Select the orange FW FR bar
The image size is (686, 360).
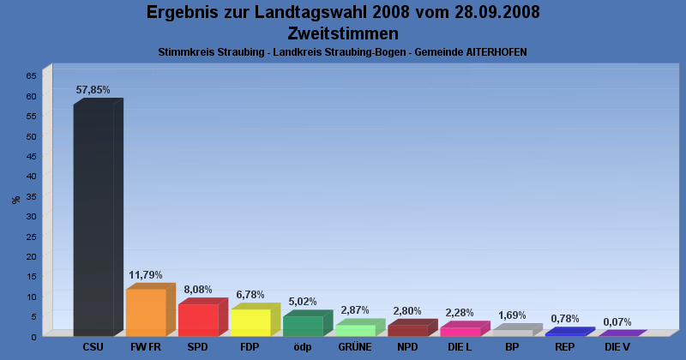click(x=146, y=312)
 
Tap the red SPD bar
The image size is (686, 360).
click(x=198, y=320)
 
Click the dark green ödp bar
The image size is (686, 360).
click(x=303, y=326)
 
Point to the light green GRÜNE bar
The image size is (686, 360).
click(x=355, y=330)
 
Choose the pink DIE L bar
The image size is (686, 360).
click(x=460, y=331)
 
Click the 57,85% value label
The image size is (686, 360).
click(x=93, y=90)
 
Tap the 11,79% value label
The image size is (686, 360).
click(x=146, y=275)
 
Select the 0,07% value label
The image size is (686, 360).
click(x=617, y=322)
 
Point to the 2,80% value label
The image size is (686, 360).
click(x=407, y=311)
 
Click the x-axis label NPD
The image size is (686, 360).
click(x=407, y=347)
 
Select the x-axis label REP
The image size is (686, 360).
click(x=564, y=347)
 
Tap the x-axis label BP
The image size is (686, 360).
click(x=512, y=347)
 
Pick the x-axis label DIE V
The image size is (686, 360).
click(x=617, y=347)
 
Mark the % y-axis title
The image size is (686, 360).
click(x=16, y=200)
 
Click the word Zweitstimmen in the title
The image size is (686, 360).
click(x=343, y=33)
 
